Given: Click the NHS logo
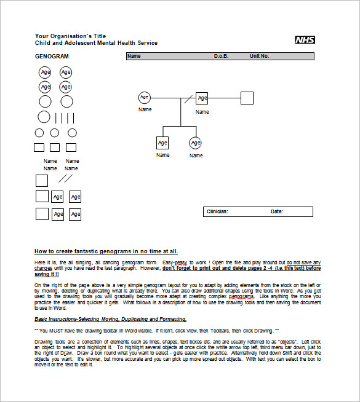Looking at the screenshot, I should click(304, 40).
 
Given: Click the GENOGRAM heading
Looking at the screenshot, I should click(52, 57).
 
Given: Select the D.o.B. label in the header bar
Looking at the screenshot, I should click(221, 56).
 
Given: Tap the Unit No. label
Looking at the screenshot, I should click(259, 56).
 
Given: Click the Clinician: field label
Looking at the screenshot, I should click(217, 211).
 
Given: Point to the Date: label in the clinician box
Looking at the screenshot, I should click(276, 211).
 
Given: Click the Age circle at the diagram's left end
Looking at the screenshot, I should click(145, 97).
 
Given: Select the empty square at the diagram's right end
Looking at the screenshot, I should click(247, 98).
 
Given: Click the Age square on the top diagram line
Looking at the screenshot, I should click(202, 98).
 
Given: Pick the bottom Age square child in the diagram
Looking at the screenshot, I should click(162, 143).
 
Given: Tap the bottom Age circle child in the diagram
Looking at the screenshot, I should click(196, 143).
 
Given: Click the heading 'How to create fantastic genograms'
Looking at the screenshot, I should click(106, 251).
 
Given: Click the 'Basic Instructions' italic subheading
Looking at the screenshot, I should click(110, 319).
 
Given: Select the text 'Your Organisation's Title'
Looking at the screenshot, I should click(71, 36).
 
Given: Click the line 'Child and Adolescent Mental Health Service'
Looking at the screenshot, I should click(96, 43).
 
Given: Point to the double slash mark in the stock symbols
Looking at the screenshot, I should click(65, 179).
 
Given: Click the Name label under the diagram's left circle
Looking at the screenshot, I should click(145, 109).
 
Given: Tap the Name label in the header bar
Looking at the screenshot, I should click(134, 56).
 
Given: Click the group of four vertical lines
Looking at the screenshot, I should click(65, 118).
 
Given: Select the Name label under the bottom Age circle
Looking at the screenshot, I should click(196, 156).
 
